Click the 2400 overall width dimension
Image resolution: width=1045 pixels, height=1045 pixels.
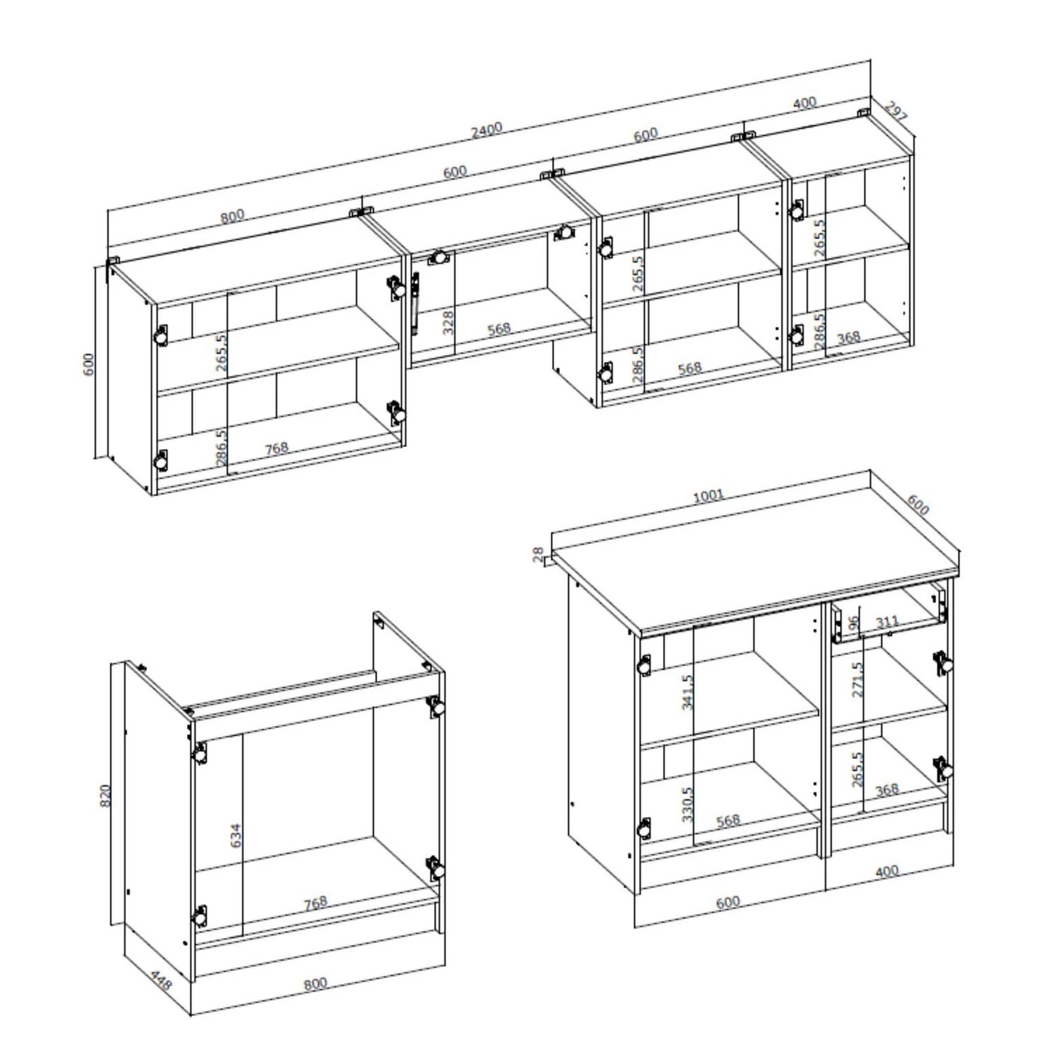click(486, 130)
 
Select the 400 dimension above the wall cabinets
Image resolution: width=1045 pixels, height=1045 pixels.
click(804, 103)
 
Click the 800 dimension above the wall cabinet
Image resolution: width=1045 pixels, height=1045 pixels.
click(232, 216)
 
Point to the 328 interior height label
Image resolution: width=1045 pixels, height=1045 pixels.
click(448, 322)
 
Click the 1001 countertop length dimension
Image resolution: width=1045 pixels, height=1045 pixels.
click(708, 495)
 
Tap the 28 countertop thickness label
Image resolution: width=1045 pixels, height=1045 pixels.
click(538, 554)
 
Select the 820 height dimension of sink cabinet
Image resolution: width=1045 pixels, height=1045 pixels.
click(106, 796)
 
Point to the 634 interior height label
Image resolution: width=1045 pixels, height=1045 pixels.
click(236, 835)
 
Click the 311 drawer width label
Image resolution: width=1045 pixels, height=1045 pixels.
click(887, 622)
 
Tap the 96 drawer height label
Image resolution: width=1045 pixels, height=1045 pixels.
click(854, 624)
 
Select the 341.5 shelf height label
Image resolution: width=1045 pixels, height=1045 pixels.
click(687, 692)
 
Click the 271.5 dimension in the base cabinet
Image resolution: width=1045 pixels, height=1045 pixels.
click(857, 679)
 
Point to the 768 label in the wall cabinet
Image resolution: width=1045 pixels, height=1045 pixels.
click(276, 448)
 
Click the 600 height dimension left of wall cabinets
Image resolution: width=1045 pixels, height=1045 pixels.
click(88, 364)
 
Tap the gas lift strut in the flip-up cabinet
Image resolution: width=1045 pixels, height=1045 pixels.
click(415, 303)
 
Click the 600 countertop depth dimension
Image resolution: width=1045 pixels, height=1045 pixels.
click(918, 505)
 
